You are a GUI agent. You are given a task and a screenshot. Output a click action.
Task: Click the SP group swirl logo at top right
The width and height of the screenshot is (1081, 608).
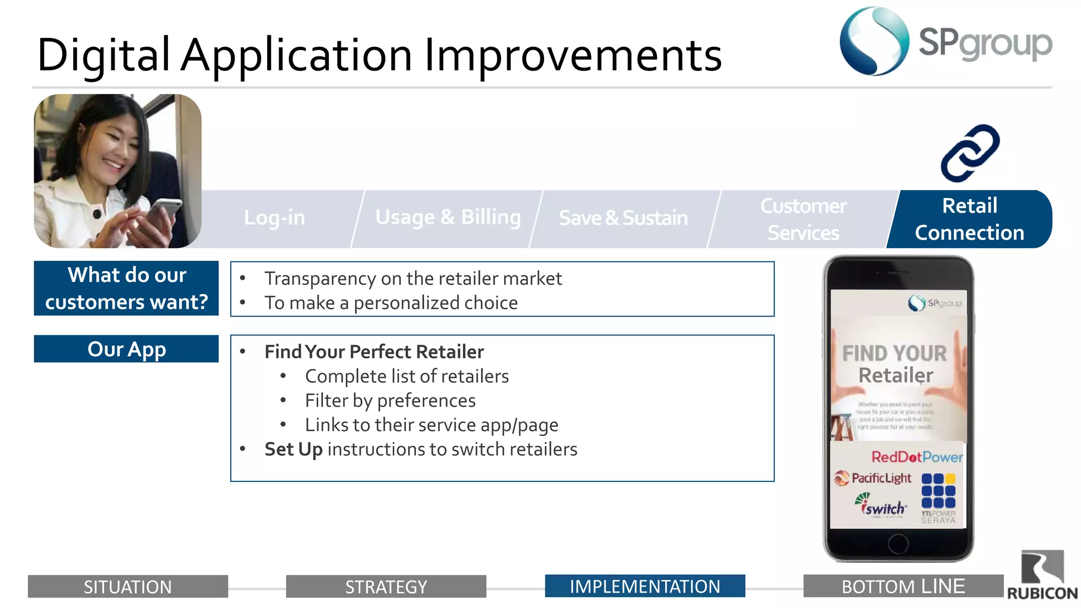874,41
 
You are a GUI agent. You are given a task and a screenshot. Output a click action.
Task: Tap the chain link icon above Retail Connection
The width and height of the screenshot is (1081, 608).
970,153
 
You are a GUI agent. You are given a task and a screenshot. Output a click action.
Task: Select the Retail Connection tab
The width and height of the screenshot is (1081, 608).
970,219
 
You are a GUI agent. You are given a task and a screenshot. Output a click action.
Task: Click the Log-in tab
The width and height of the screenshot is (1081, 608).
274,218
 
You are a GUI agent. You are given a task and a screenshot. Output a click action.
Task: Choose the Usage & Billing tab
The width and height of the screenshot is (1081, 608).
448,218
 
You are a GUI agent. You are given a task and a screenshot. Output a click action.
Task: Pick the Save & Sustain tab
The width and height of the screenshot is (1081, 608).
623,218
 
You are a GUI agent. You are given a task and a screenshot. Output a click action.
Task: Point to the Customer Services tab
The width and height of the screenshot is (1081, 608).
803,219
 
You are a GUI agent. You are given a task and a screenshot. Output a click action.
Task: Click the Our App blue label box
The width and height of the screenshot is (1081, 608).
126,349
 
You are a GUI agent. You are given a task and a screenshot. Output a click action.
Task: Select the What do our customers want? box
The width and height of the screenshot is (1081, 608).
126,288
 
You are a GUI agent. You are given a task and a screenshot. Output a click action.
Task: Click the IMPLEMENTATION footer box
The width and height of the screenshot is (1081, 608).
644,586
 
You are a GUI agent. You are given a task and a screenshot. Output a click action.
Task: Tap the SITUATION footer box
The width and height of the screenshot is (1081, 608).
128,586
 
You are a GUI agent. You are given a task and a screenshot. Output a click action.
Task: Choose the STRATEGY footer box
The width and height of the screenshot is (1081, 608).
386,586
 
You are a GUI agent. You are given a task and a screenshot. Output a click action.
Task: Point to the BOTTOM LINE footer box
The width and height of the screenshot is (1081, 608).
903,586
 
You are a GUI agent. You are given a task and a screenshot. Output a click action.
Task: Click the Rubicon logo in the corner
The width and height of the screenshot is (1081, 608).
1042,575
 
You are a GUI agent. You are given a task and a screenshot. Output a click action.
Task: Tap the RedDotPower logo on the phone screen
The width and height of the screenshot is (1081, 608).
917,457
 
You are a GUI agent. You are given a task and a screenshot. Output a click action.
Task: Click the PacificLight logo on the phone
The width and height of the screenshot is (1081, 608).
873,478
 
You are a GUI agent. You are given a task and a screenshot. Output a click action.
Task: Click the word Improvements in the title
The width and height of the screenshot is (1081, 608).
573,55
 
